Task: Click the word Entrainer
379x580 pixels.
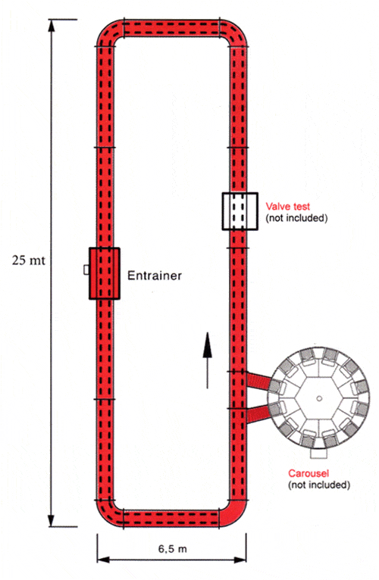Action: (155, 276)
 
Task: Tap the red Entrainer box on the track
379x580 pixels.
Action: (105, 273)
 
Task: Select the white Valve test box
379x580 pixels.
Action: (240, 211)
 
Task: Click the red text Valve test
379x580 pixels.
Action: (288, 207)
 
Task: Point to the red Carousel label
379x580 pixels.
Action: (309, 473)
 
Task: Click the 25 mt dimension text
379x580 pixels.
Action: (29, 260)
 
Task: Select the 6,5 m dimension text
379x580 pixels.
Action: (173, 548)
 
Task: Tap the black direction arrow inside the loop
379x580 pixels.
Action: (207, 360)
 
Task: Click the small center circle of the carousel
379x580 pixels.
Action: (318, 398)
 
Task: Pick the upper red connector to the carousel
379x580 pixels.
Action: (259, 381)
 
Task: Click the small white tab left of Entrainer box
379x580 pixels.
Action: (86, 270)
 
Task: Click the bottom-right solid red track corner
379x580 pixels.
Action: (233, 513)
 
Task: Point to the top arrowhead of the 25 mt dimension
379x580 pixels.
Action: (52, 25)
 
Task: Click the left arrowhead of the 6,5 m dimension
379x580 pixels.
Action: (103, 560)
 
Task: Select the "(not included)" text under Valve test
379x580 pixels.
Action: (296, 218)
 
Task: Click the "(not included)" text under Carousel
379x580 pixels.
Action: (319, 485)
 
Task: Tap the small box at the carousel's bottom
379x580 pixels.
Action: (318, 454)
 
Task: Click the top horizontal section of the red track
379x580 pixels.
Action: (171, 29)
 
